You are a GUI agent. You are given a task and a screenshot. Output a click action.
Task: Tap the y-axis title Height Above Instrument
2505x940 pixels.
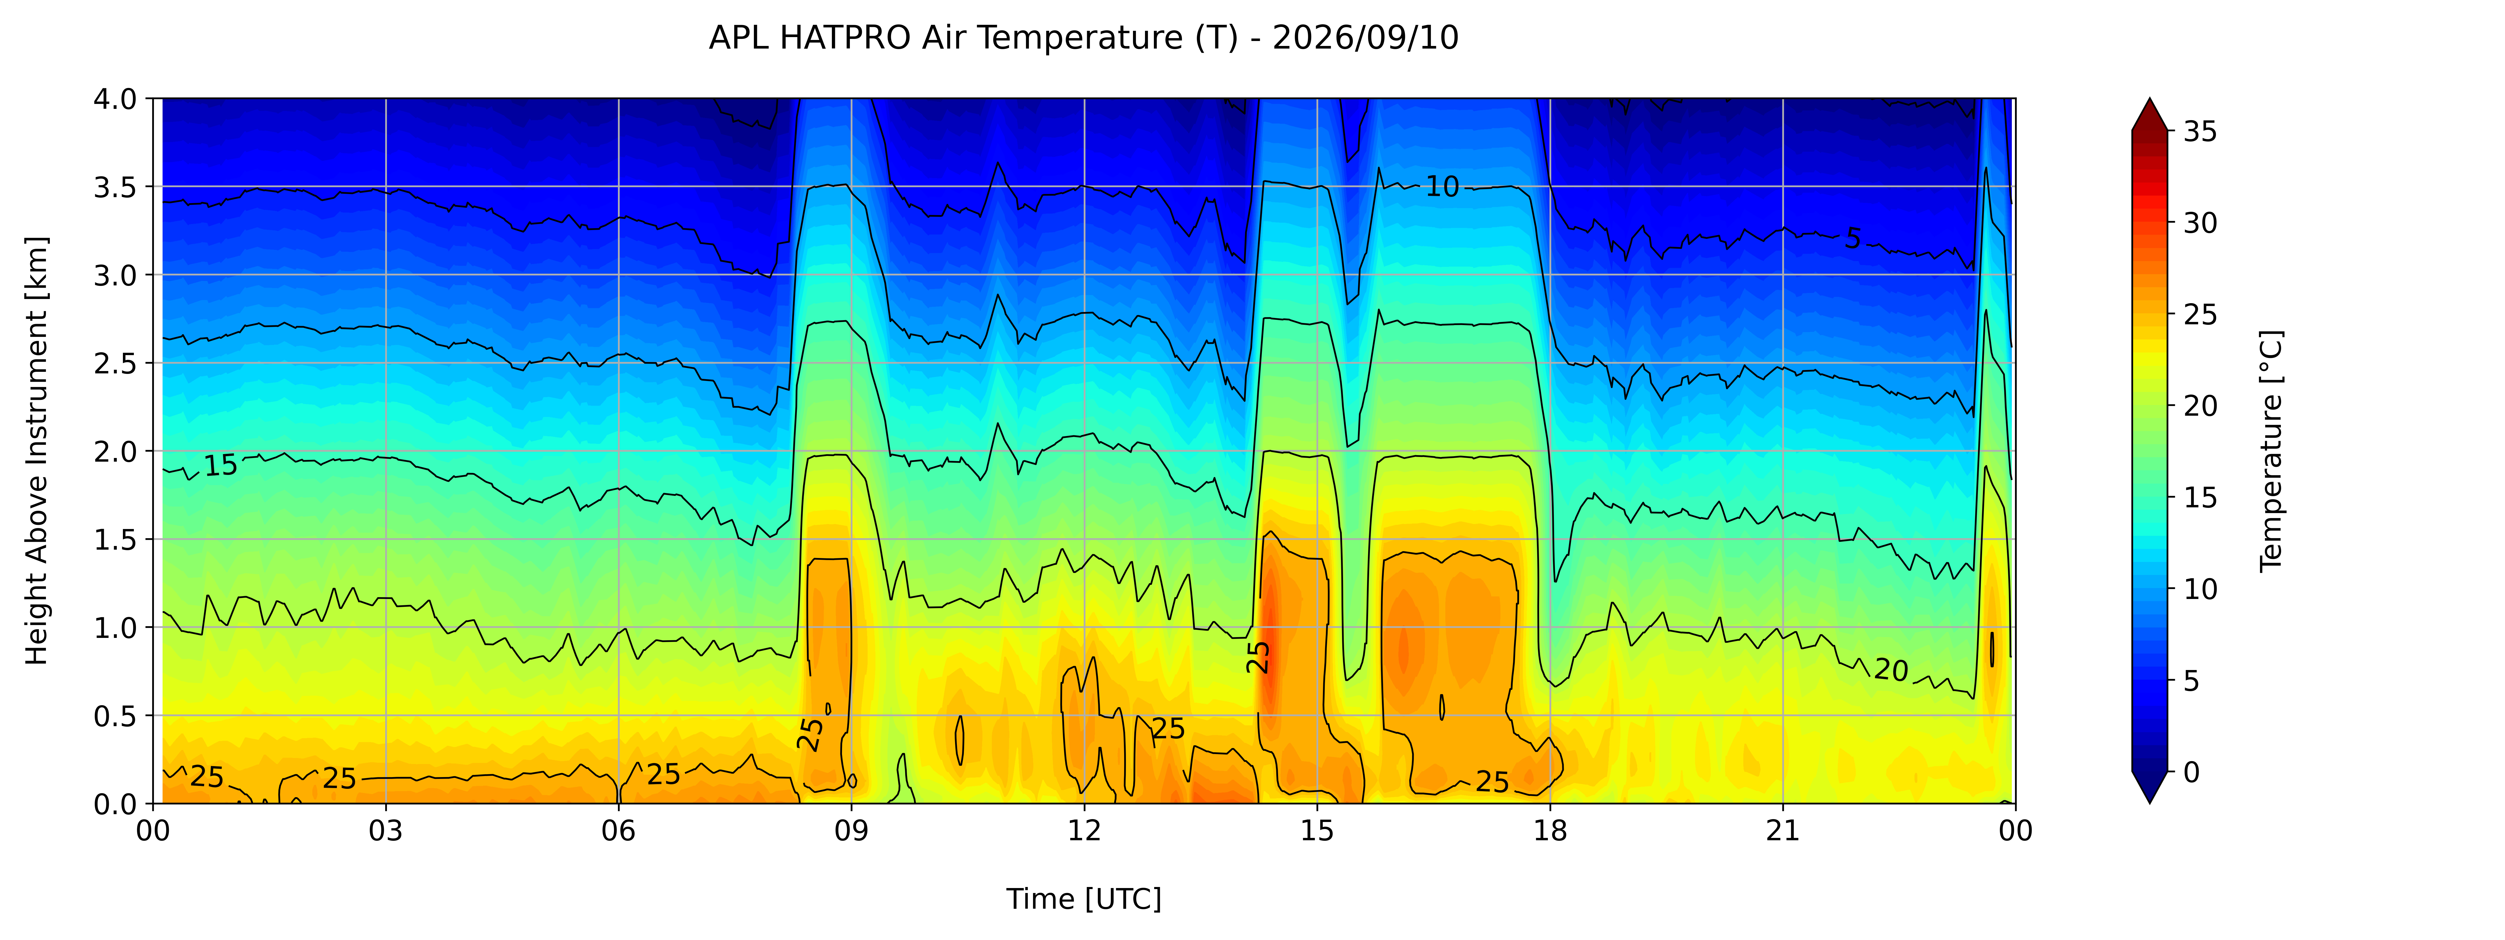point(37,450)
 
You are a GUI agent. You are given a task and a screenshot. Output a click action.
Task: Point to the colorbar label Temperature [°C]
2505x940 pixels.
point(2270,450)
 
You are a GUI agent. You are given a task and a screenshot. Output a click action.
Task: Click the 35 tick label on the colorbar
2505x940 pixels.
point(2200,131)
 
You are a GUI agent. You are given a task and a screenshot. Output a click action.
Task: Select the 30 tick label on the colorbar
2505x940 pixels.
point(2200,223)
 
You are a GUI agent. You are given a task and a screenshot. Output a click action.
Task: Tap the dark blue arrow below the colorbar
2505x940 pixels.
point(2149,787)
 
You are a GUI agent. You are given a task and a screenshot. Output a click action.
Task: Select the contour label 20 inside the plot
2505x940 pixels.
point(1891,669)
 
